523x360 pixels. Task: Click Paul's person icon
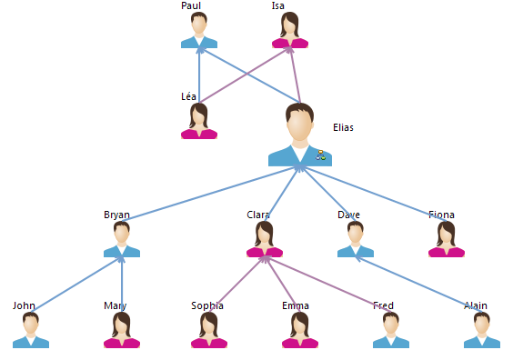(199, 30)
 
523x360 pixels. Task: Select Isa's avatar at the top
(290, 30)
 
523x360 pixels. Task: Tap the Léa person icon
(199, 121)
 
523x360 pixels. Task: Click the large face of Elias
(299, 124)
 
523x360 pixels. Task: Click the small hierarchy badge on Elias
(320, 155)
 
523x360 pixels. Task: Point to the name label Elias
(343, 127)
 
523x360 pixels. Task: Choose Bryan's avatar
(122, 239)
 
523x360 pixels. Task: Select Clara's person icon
(265, 239)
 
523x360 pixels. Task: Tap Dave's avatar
(356, 239)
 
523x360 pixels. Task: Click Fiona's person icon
(447, 239)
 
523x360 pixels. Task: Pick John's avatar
(31, 330)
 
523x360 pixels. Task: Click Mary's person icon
(122, 330)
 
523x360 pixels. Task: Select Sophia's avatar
(209, 330)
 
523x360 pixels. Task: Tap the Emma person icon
(300, 330)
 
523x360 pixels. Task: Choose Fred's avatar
(391, 330)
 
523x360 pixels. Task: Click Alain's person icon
(482, 330)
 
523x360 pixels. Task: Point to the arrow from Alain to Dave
(418, 285)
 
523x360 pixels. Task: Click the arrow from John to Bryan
(76, 285)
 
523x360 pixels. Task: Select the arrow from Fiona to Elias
(373, 194)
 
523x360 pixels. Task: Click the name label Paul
(191, 5)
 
